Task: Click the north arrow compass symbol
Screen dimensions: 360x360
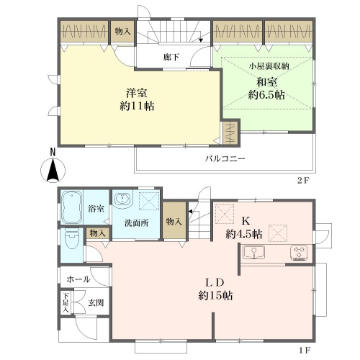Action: pos(53,168)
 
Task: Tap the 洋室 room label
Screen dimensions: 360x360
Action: pos(137,93)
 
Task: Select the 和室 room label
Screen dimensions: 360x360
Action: pos(267,82)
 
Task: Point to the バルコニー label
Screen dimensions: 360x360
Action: pos(225,158)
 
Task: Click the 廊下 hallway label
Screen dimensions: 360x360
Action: pos(171,57)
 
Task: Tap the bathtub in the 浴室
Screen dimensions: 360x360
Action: pos(71,207)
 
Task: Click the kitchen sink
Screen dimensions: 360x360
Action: pos(253,252)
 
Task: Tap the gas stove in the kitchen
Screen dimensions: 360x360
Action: pos(299,253)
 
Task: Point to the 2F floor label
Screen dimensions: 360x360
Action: pos(302,181)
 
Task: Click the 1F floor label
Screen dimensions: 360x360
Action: pos(305,351)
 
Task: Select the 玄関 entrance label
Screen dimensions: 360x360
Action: pos(96,303)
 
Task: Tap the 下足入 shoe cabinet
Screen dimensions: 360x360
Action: pos(66,302)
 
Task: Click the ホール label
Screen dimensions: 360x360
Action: pos(78,279)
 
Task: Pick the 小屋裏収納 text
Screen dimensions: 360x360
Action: pos(269,66)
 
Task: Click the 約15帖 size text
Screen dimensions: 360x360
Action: pos(215,296)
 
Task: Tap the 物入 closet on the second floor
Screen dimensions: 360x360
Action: pos(122,32)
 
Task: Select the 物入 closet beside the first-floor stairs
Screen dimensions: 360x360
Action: pos(174,221)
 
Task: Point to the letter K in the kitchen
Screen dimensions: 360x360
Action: pos(246,221)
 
